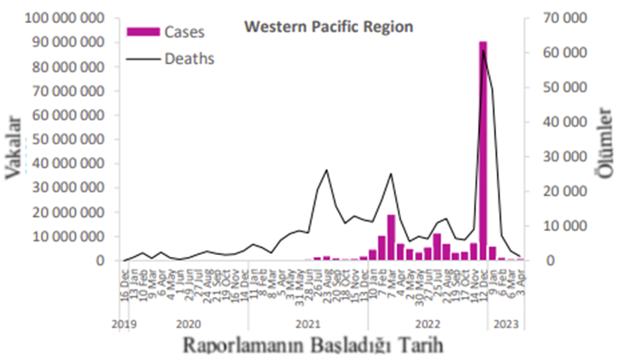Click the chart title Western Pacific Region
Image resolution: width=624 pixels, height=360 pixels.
[x=329, y=27]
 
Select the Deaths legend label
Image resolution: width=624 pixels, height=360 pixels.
[x=189, y=59]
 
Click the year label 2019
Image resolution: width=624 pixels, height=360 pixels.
[x=125, y=324]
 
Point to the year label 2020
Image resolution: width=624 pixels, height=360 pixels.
[x=189, y=324]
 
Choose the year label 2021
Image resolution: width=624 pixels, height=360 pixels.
[x=308, y=324]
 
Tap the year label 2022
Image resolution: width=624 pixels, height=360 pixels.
[x=427, y=324]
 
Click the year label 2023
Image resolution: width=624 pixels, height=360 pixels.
[x=507, y=324]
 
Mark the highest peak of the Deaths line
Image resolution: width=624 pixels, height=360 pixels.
[x=483, y=49]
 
